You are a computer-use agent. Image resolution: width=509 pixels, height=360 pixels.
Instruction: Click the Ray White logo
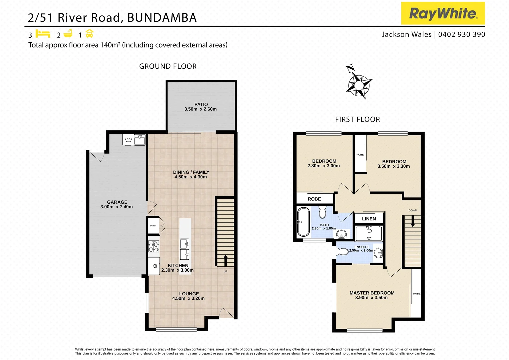(x=443, y=13)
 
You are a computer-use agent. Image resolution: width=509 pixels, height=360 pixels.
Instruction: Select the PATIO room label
(x=201, y=105)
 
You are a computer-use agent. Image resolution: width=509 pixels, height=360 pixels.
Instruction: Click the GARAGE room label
(x=117, y=202)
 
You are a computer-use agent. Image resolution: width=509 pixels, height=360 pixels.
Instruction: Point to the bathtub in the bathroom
(x=303, y=222)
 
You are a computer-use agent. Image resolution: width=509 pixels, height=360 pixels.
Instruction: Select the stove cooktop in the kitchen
(x=154, y=246)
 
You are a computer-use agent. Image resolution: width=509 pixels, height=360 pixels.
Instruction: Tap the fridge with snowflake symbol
(x=154, y=266)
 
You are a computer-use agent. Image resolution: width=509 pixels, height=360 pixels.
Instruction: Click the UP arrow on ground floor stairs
(x=225, y=260)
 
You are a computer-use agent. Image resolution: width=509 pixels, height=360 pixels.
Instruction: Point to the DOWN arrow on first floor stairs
(x=413, y=221)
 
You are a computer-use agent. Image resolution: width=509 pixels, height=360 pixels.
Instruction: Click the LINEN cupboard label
(x=369, y=219)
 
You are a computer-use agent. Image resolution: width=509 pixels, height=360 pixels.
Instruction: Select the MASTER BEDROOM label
(x=372, y=293)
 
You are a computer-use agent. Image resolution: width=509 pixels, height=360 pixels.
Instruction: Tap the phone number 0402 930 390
(x=462, y=34)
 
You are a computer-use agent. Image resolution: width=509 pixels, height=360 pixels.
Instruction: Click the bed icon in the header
(x=43, y=34)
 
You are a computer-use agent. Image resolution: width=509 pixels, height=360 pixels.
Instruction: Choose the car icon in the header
(x=89, y=34)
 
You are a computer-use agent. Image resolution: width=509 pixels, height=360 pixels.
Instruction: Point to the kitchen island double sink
(x=185, y=249)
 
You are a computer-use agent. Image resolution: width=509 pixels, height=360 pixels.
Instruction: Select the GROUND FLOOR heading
(x=168, y=66)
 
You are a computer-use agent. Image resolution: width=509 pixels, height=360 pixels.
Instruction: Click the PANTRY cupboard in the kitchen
(x=153, y=226)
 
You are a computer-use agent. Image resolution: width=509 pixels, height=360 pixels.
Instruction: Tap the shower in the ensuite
(x=369, y=233)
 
